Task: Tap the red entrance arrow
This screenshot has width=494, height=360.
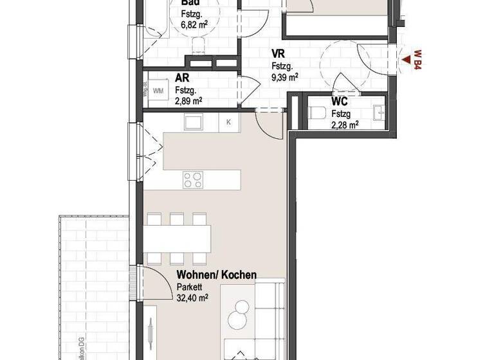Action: (407, 61)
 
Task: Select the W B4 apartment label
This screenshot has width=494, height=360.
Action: (417, 60)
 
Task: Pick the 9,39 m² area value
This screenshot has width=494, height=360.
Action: (284, 77)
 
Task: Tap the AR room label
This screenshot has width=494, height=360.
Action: (181, 78)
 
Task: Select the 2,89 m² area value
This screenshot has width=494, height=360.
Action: (188, 101)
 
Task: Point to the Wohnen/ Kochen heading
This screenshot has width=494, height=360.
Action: (216, 275)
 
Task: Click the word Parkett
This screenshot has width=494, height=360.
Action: (188, 287)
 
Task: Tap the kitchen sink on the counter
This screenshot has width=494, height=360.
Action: (193, 121)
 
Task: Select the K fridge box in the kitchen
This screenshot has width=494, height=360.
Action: (228, 121)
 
